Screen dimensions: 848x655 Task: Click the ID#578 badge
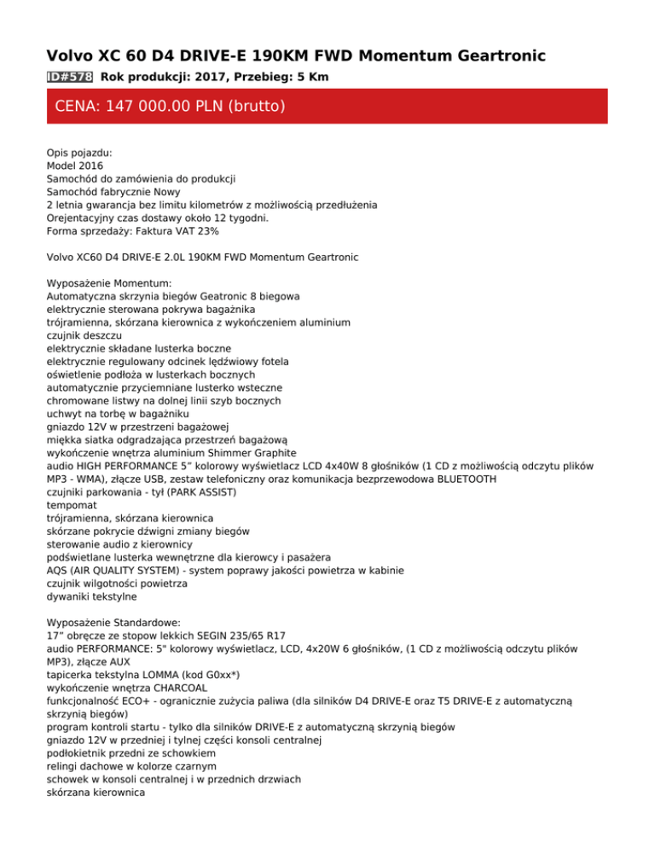(70, 78)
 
